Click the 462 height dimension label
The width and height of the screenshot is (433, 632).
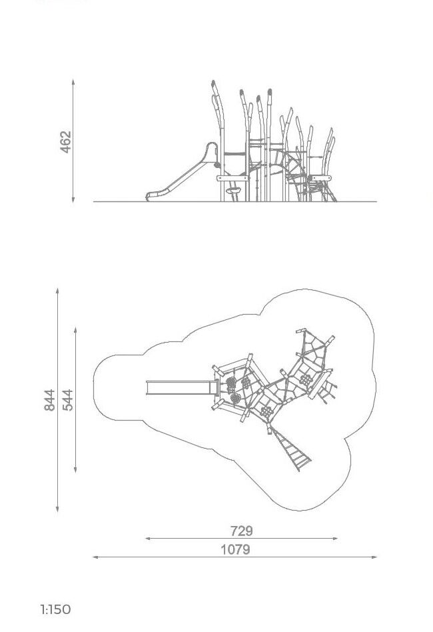66,142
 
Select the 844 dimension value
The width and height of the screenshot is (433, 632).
49,400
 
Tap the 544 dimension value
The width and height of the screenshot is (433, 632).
68,400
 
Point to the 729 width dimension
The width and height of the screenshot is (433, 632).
242,531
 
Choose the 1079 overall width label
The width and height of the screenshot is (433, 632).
236,549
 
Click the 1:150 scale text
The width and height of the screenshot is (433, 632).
55,609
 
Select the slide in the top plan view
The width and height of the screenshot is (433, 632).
182,388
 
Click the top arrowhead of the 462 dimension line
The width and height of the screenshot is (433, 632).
73,81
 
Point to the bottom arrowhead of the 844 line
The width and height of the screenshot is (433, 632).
57,509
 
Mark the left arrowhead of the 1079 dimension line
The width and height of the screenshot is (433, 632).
95,557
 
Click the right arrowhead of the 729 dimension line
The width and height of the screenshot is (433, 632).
335,538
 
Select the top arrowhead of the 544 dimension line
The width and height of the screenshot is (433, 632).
76,330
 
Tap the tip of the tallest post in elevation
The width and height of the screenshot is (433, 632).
213,82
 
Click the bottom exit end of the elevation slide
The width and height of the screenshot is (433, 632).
148,197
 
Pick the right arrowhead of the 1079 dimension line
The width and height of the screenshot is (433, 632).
374,557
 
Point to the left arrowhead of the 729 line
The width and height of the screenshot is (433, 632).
148,538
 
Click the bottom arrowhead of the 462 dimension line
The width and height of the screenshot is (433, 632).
73,200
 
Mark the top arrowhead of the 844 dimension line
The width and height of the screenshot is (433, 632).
57,291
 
